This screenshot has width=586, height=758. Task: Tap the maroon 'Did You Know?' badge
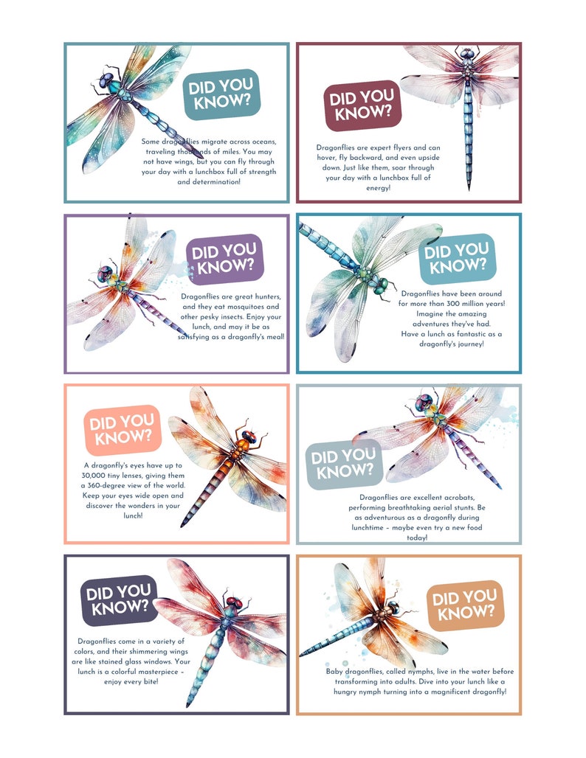point(362,106)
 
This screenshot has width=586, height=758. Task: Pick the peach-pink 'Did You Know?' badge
point(123,429)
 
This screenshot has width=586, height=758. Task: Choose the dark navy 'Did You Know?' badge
point(120,600)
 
